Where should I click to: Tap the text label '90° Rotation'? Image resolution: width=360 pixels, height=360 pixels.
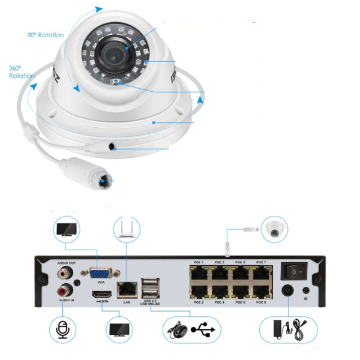point(45,35)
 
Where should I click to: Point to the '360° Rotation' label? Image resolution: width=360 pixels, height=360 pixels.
point(21,72)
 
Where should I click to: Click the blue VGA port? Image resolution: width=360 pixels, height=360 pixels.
point(101,274)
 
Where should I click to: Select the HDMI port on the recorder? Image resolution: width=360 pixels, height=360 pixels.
point(101,295)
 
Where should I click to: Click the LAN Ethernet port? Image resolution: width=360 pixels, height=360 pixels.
point(127,289)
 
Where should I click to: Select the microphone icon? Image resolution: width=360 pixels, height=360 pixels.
point(62,329)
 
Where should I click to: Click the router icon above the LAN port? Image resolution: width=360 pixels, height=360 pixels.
point(127,230)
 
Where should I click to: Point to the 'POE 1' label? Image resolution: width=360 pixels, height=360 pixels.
point(199,262)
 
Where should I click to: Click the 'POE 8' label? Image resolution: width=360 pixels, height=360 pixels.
point(261,302)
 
